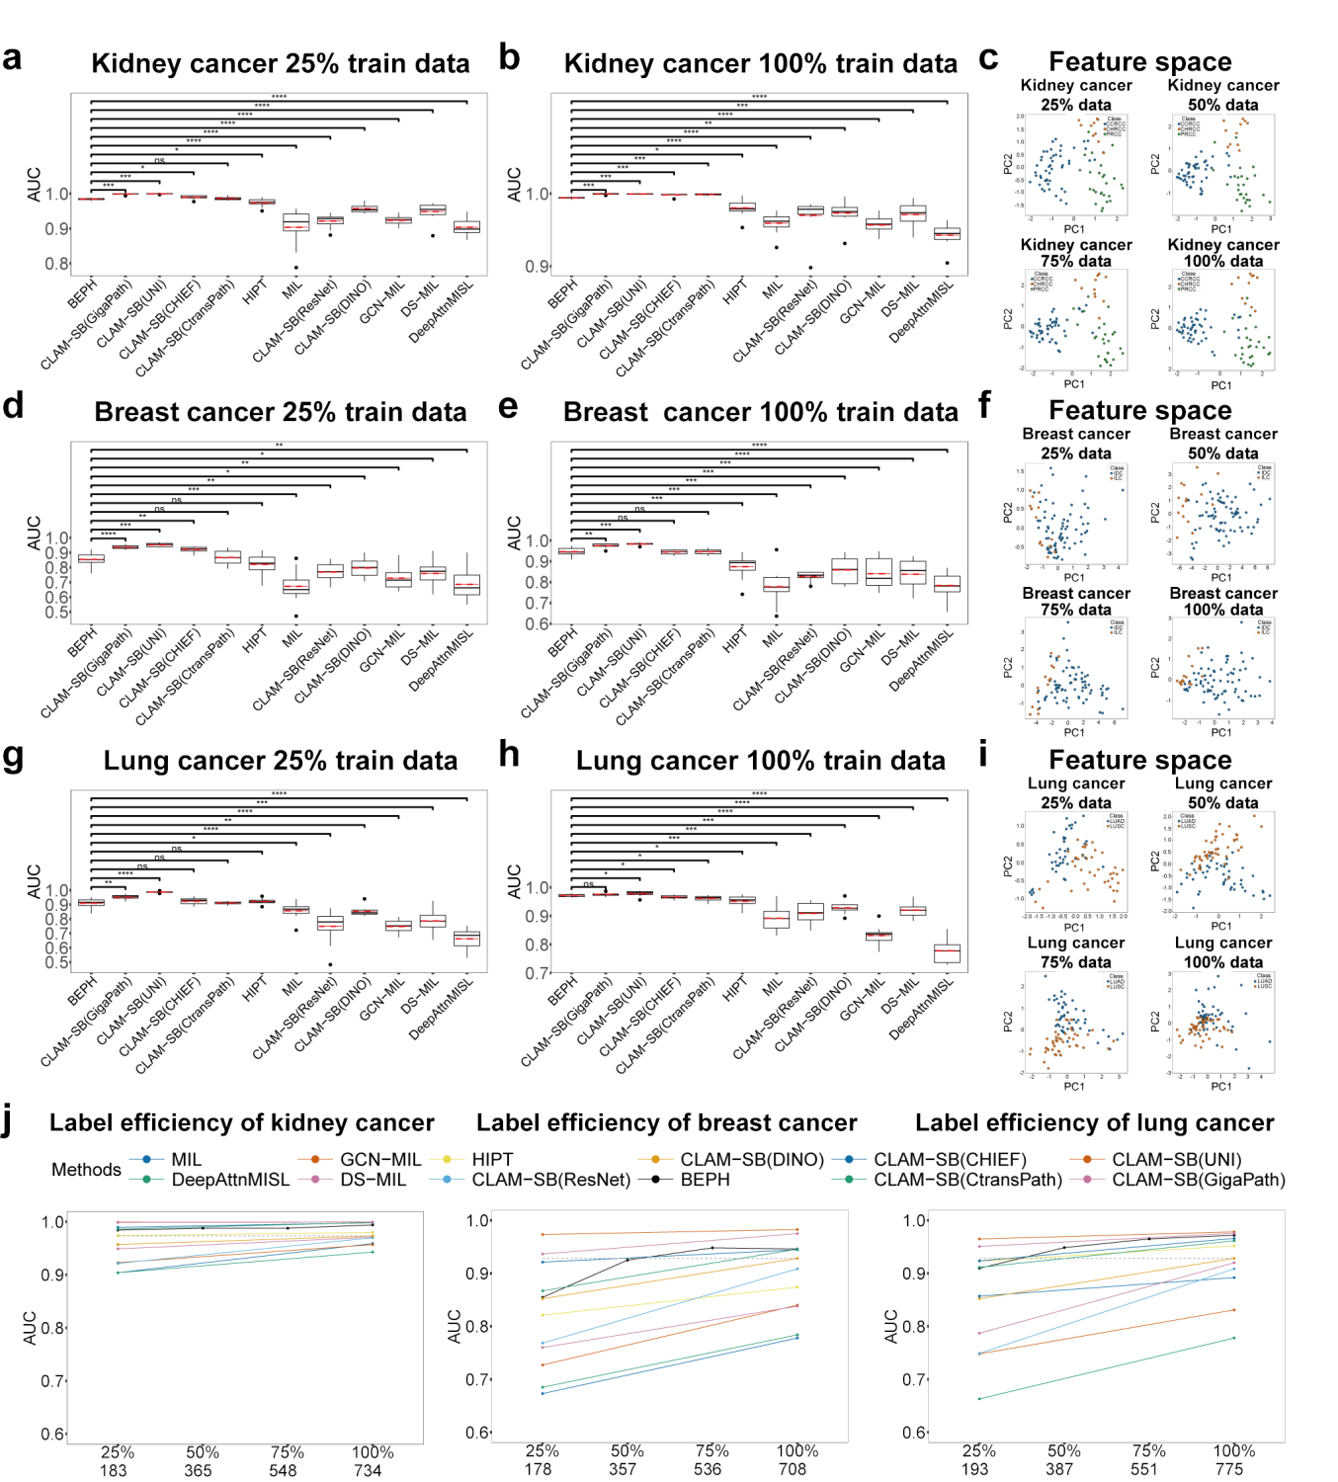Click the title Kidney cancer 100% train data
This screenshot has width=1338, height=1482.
(760, 64)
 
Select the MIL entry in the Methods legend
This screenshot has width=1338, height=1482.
(186, 1160)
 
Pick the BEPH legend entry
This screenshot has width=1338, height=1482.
(705, 1180)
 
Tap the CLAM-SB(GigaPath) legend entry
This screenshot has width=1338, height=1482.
(1198, 1180)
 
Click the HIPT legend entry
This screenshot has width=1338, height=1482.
(492, 1160)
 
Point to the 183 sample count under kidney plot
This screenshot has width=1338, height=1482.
(113, 1471)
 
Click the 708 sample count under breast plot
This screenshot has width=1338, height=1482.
(793, 1469)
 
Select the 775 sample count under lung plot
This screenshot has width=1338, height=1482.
(1229, 1469)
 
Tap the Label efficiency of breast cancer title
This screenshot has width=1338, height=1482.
(666, 1123)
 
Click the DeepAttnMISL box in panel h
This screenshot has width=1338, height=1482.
(947, 952)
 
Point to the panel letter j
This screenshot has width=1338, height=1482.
(9, 1122)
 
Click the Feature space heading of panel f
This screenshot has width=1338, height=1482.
(1139, 411)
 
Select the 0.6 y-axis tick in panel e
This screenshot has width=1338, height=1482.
(538, 624)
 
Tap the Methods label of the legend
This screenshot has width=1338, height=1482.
(86, 1170)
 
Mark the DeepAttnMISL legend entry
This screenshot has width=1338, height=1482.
(230, 1180)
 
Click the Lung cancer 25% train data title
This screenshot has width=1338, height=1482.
(281, 761)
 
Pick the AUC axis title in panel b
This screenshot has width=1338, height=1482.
(514, 185)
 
